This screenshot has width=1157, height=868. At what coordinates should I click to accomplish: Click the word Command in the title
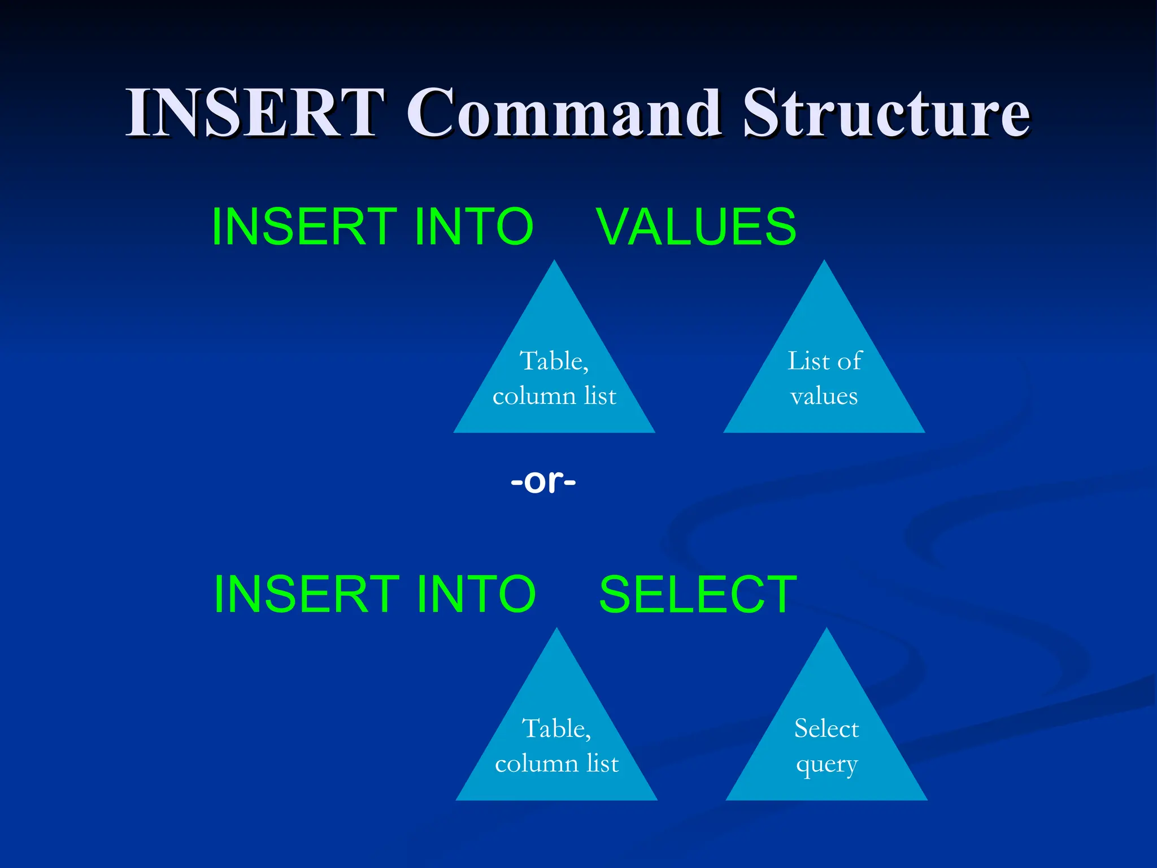[564, 113]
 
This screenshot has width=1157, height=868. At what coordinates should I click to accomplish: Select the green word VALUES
[696, 227]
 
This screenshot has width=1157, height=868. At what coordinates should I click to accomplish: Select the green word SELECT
[698, 594]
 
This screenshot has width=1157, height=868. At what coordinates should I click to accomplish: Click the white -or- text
[543, 481]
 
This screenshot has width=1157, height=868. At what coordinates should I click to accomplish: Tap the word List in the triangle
[808, 361]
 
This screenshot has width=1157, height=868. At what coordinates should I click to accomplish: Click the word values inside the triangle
[824, 396]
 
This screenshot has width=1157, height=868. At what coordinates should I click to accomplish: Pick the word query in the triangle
[827, 765]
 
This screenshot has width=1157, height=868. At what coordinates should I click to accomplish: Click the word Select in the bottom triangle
[827, 729]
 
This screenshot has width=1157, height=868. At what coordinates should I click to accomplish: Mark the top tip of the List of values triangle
[824, 262]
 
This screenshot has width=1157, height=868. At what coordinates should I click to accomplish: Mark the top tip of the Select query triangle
[827, 630]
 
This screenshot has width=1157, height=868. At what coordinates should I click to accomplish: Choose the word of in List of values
[849, 361]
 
